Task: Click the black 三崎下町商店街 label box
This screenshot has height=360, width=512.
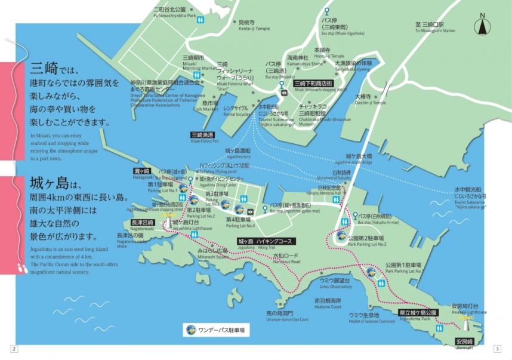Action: coord(313,84)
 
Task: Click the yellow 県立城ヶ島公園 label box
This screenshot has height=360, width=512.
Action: coord(418,313)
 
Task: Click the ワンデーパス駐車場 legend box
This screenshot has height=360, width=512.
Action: coord(216,329)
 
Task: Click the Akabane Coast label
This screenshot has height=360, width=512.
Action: coord(328,303)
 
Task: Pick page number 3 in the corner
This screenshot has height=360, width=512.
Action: coord(498,349)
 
